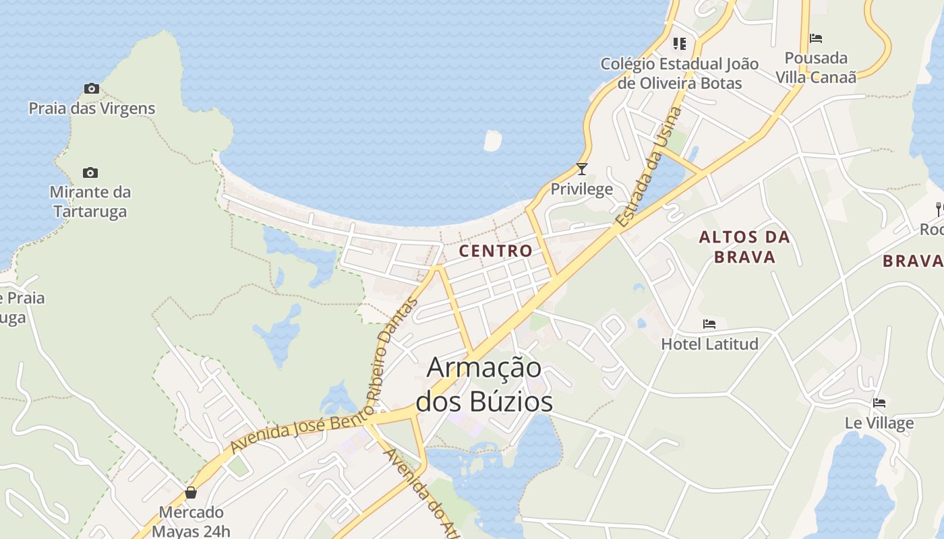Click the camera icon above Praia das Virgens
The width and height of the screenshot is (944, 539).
pyautogui.click(x=92, y=88)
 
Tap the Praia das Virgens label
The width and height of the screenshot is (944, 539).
pyautogui.click(x=92, y=108)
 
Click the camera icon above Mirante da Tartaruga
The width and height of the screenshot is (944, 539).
pyautogui.click(x=90, y=173)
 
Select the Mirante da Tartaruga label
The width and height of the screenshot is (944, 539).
pyautogui.click(x=90, y=201)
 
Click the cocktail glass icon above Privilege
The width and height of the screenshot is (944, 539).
pyautogui.click(x=582, y=169)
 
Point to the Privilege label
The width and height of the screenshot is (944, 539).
pyautogui.click(x=582, y=189)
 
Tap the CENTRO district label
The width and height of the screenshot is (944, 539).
pyautogui.click(x=496, y=251)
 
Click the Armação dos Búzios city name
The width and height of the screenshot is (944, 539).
pyautogui.click(x=484, y=385)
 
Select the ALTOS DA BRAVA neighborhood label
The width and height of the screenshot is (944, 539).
pyautogui.click(x=744, y=247)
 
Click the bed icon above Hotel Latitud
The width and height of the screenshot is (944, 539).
pyautogui.click(x=709, y=324)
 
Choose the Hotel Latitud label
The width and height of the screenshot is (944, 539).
pyautogui.click(x=709, y=344)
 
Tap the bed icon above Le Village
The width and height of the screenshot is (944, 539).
pyautogui.click(x=879, y=403)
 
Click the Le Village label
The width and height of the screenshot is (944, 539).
pyautogui.click(x=879, y=423)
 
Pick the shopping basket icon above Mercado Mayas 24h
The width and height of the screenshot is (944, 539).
pyautogui.click(x=191, y=493)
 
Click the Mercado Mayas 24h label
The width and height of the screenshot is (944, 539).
pyautogui.click(x=191, y=521)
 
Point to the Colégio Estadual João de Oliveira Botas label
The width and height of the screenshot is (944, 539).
pyautogui.click(x=680, y=73)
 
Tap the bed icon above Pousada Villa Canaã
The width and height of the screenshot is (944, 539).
pyautogui.click(x=816, y=38)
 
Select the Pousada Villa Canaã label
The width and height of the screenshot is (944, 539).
pyautogui.click(x=816, y=67)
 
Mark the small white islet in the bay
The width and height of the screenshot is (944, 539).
pyautogui.click(x=493, y=140)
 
